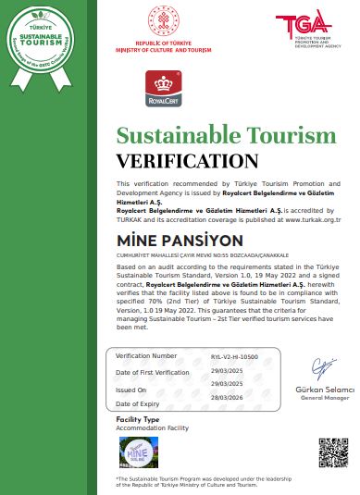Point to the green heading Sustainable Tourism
(x=226, y=136)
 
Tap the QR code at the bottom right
(x=331, y=452)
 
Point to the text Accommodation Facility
(x=153, y=428)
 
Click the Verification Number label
(x=145, y=355)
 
